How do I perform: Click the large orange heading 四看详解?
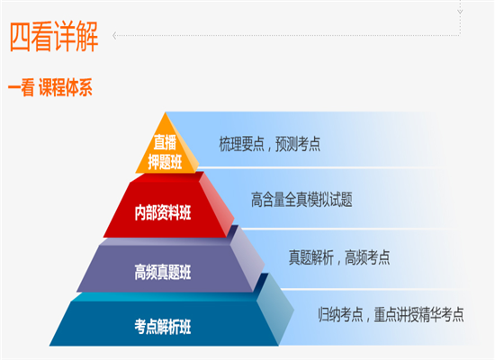tap(54, 36)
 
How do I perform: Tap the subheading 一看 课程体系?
tap(50, 87)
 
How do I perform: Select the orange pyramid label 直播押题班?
tap(165, 152)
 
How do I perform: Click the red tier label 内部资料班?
tap(163, 212)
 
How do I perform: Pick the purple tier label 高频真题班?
tap(163, 272)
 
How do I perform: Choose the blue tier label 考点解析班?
tap(163, 327)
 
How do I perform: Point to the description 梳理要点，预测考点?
tap(270, 144)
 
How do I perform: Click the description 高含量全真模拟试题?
tap(301, 200)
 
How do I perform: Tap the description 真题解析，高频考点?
tap(339, 257)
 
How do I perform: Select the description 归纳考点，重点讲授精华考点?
tap(391, 314)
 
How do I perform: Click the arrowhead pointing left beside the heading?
tap(114, 36)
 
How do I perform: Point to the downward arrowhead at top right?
tap(460, 12)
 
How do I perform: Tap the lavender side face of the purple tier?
tap(247, 257)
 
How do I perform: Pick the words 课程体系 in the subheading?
tap(66, 87)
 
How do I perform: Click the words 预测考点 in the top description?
tap(298, 144)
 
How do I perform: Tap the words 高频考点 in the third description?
tap(367, 257)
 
